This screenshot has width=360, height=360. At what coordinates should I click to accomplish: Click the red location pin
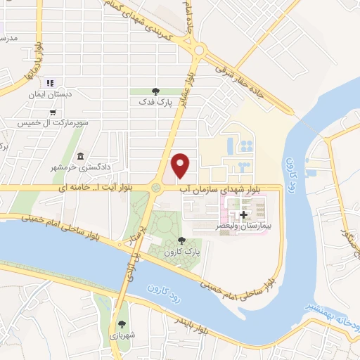coord(181,165)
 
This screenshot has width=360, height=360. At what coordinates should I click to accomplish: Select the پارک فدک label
coord(155,103)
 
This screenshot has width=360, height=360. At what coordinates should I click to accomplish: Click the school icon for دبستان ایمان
coord(50,83)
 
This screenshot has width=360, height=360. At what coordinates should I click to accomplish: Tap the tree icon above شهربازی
coord(122,324)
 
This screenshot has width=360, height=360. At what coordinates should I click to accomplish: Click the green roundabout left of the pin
coord(155,187)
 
